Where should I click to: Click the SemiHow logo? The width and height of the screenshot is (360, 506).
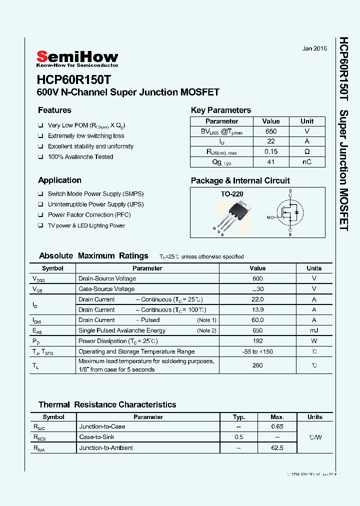[77, 58]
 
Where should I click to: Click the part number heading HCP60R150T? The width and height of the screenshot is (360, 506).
[74, 79]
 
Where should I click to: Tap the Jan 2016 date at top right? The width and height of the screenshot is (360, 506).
[314, 48]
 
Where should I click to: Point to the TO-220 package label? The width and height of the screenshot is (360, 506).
[232, 194]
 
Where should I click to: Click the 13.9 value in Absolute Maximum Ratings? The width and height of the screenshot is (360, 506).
[257, 310]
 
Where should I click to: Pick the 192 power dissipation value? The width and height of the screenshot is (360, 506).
[257, 341]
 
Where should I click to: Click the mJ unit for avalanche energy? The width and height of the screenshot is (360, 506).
[314, 330]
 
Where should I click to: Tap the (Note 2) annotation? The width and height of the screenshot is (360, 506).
[206, 330]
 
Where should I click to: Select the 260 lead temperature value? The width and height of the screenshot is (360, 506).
[257, 365]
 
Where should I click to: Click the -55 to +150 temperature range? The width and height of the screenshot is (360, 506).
[257, 351]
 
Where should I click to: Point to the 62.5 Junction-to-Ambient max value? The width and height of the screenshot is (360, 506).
[277, 448]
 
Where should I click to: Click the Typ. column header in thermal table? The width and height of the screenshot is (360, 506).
[239, 417]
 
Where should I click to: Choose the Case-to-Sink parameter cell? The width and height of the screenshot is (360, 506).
[97, 437]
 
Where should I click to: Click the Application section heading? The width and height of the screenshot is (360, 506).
[59, 180]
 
